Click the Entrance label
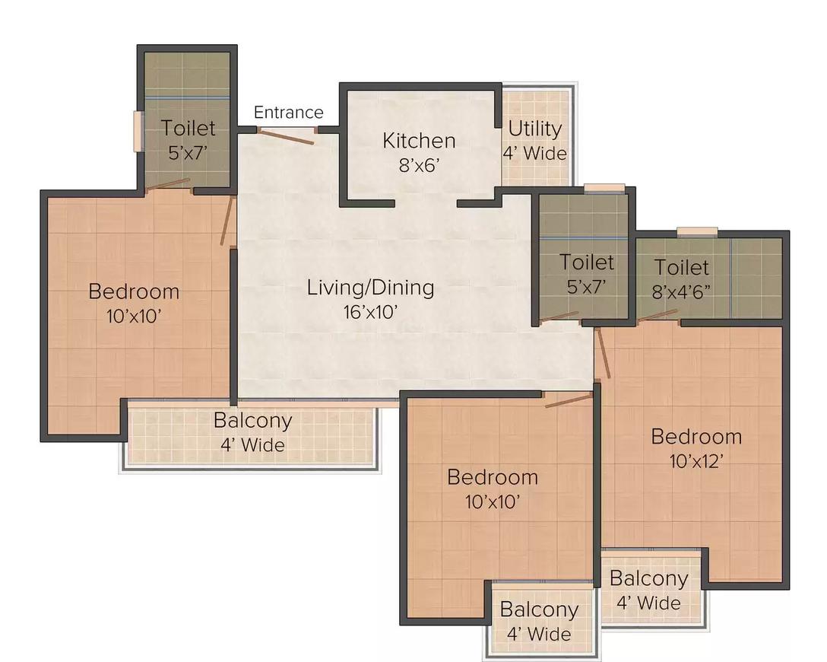point(289,113)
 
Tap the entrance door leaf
point(285,136)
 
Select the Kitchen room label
point(419,141)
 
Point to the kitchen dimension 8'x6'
point(419,166)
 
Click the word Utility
point(535,129)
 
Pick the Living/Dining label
point(371,288)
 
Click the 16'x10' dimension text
point(370,313)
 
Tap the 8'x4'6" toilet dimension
point(681,291)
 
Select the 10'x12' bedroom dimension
point(696,461)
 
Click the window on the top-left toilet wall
point(138,132)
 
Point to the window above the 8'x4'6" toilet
point(697,231)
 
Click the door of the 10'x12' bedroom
point(603,353)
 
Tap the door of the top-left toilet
point(168,183)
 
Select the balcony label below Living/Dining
point(253,421)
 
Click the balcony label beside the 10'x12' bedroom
point(648,578)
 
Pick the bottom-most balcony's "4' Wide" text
point(539,634)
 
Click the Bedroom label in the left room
point(134,291)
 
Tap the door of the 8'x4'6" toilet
point(657,315)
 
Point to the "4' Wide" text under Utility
point(535,154)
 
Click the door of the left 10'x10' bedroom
point(228,221)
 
